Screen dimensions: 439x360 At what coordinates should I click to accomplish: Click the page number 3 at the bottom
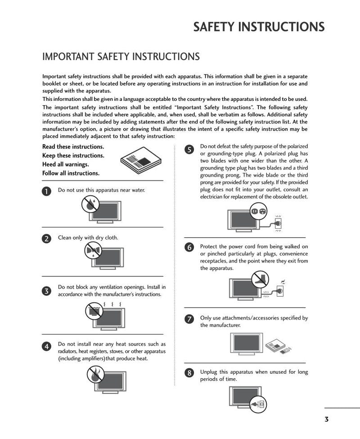pyautogui.click(x=326, y=419)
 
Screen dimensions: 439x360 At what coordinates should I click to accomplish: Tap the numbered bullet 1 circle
pyautogui.click(x=47, y=191)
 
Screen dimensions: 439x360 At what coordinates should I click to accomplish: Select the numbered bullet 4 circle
pyautogui.click(x=47, y=346)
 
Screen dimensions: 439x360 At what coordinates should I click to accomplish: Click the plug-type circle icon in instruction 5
pyautogui.click(x=258, y=210)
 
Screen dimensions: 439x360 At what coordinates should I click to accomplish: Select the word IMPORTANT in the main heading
pyautogui.click(x=68, y=57)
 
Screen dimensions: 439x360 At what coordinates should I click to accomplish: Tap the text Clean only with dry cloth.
pyautogui.click(x=88, y=237)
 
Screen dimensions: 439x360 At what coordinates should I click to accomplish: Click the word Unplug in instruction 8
pyautogui.click(x=208, y=372)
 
